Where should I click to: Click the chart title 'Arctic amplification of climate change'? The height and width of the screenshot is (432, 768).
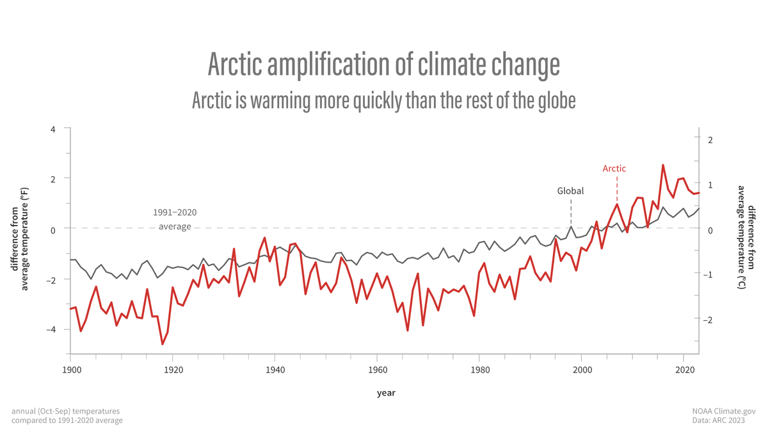[x=383, y=65]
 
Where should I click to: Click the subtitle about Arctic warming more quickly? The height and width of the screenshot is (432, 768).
[x=383, y=100]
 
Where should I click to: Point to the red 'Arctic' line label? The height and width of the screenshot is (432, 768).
[x=614, y=169]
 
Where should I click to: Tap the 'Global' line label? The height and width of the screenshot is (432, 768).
[x=570, y=190]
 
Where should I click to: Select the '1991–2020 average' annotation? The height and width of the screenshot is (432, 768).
[x=175, y=219]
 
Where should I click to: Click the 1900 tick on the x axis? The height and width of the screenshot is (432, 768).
[x=71, y=369]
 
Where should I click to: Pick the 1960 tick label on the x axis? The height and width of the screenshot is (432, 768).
[x=377, y=369]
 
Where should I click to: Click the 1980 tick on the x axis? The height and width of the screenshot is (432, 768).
[x=479, y=369]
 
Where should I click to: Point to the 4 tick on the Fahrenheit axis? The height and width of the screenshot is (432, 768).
[x=52, y=128]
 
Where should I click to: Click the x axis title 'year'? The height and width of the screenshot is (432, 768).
[x=385, y=393]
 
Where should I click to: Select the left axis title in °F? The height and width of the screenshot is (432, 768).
[x=20, y=240]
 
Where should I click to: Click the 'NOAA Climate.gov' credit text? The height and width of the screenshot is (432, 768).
[x=724, y=411]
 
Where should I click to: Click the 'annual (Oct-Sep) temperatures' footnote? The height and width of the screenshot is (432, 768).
[x=65, y=411]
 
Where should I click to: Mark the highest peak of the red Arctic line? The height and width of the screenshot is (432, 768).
[x=663, y=165]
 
